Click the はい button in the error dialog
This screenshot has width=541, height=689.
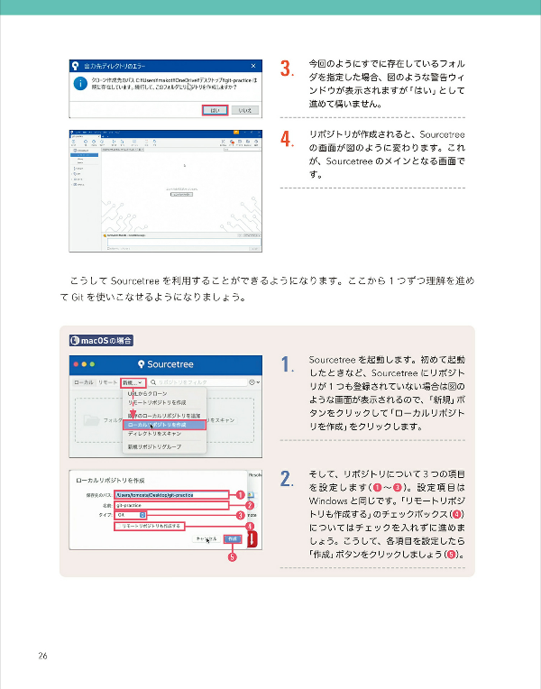tap(215, 109)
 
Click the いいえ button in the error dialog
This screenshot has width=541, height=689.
tap(244, 109)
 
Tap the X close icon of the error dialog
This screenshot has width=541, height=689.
tap(254, 66)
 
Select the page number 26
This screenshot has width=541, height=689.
tap(43, 655)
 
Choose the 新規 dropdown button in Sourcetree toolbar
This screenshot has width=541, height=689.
tap(133, 382)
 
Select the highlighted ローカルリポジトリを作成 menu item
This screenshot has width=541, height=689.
tap(164, 424)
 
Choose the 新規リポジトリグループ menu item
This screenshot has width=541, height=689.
tap(155, 447)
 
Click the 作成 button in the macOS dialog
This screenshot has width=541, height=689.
tap(233, 538)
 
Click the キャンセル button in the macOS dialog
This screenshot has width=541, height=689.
tap(206, 538)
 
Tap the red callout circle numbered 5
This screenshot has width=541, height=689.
tap(232, 557)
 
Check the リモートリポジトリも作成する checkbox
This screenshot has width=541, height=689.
tap(118, 526)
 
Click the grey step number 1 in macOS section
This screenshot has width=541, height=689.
tap(286, 365)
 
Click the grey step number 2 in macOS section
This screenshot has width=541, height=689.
tap(286, 479)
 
